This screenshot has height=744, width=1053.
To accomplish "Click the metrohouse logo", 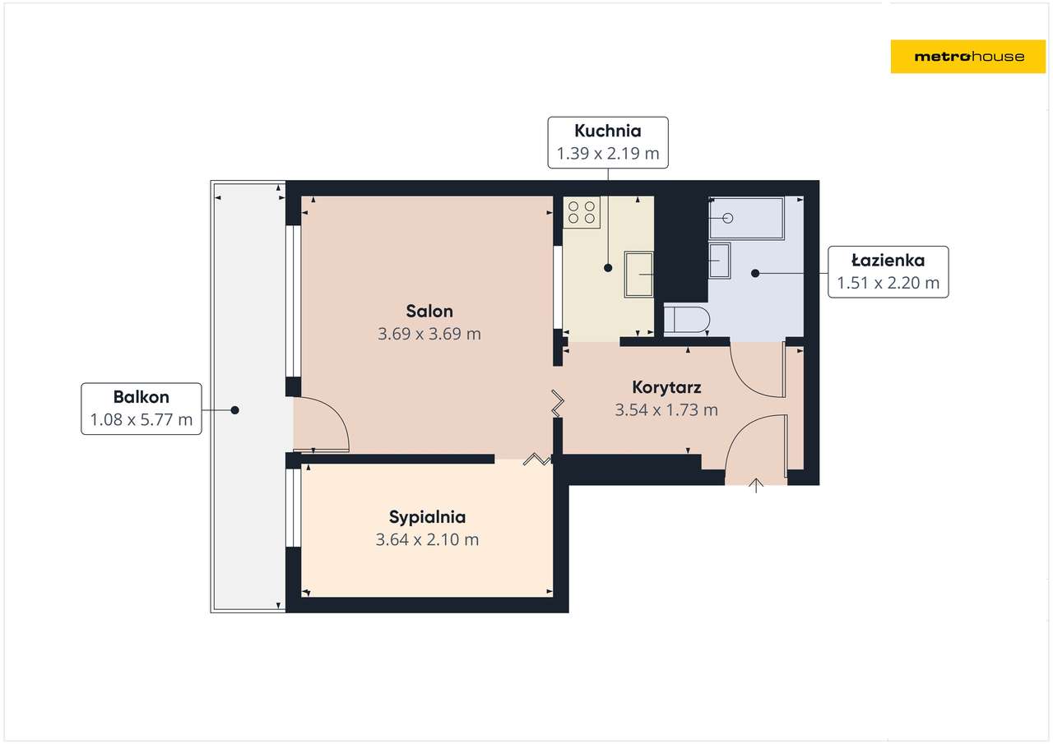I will click(x=968, y=56).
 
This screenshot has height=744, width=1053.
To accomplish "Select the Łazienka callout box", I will click(x=888, y=271).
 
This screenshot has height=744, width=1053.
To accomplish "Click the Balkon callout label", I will click(x=141, y=409).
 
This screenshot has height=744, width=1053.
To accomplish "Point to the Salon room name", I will click(x=429, y=312).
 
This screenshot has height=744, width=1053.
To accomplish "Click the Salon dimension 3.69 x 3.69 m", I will click(x=429, y=335).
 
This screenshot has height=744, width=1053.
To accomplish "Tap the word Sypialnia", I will click(x=427, y=517).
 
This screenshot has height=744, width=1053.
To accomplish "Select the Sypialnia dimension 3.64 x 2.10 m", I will click(x=427, y=540).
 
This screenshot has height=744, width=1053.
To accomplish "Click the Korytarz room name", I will click(x=666, y=386).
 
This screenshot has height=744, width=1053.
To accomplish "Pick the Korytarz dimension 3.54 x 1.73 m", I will click(x=666, y=409).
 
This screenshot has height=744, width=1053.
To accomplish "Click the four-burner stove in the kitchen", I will click(x=581, y=212).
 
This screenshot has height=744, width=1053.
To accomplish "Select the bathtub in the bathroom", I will click(x=746, y=218).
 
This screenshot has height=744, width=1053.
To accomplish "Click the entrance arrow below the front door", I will click(x=756, y=486).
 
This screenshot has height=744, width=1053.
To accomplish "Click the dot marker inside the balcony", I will click(x=234, y=409).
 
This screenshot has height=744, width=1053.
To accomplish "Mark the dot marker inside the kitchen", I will click(x=608, y=268).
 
